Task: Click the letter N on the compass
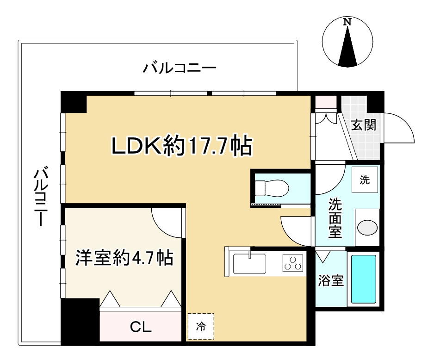(347, 22)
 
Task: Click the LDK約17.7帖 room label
(181, 145)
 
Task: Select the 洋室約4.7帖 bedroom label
(124, 258)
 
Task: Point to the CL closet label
(141, 327)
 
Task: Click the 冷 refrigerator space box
(201, 326)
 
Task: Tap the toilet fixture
(272, 188)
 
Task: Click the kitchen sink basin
(250, 264)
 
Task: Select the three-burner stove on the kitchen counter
(293, 263)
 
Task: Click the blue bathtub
(363, 279)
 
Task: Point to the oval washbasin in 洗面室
(367, 228)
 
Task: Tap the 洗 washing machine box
(365, 180)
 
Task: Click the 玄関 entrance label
(364, 125)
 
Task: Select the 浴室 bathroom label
(331, 280)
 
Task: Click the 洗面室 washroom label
(335, 218)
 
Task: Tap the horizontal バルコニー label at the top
(180, 68)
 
